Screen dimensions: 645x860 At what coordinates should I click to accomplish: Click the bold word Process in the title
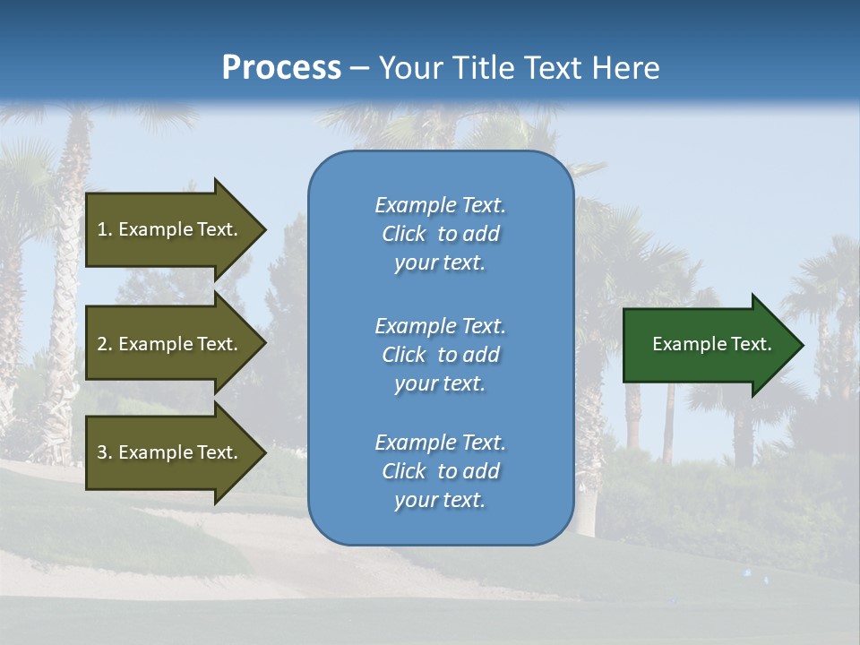281,68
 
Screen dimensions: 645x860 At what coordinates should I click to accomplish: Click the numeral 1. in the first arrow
104,229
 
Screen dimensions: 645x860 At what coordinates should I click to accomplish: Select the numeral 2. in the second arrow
104,344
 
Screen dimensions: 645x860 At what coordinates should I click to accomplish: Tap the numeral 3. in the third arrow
104,452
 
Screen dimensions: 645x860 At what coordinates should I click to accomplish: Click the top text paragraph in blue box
440,234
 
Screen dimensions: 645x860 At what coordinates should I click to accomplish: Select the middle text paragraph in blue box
440,355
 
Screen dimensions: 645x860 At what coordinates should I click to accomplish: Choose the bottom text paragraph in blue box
440,471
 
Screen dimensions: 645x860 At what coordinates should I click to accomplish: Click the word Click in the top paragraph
404,234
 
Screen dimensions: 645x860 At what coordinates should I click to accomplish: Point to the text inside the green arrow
712,344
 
